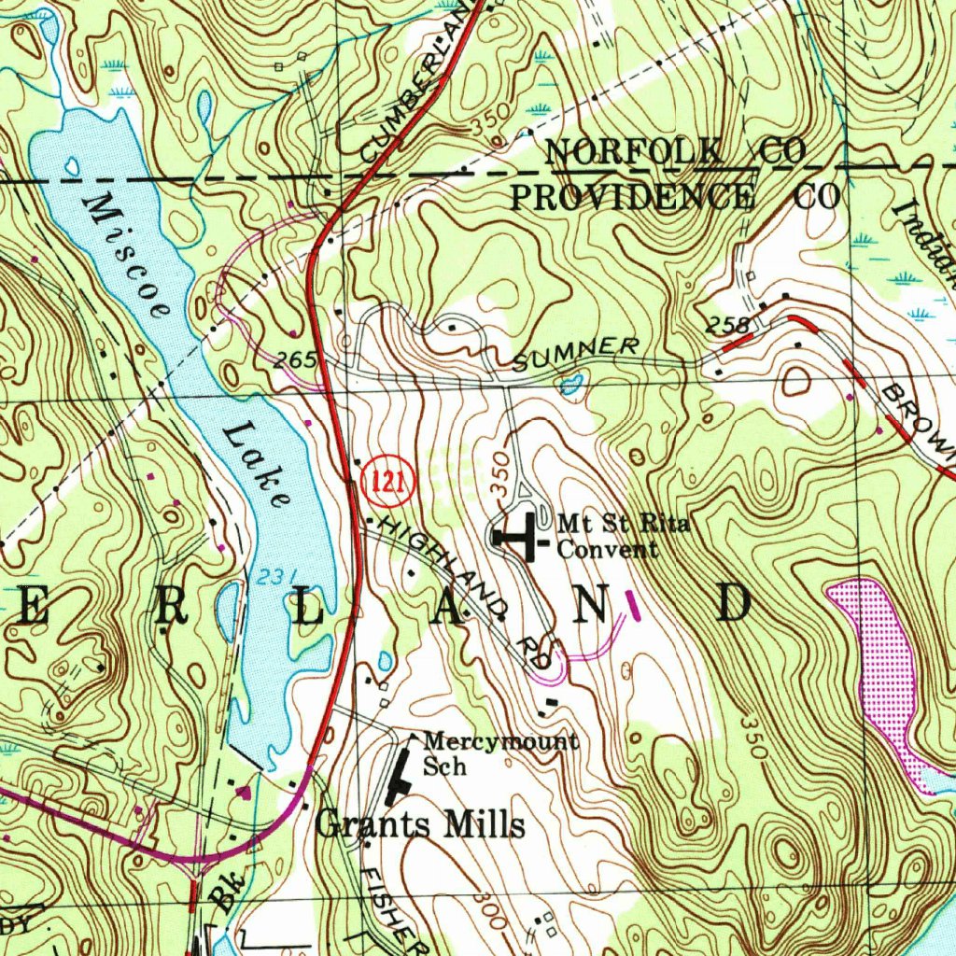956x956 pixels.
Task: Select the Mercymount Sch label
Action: point(499,752)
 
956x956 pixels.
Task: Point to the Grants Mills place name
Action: point(419,824)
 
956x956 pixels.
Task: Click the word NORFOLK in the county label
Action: point(634,152)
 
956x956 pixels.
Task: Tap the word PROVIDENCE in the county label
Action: point(632,197)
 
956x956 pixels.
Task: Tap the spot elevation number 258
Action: point(729,326)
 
